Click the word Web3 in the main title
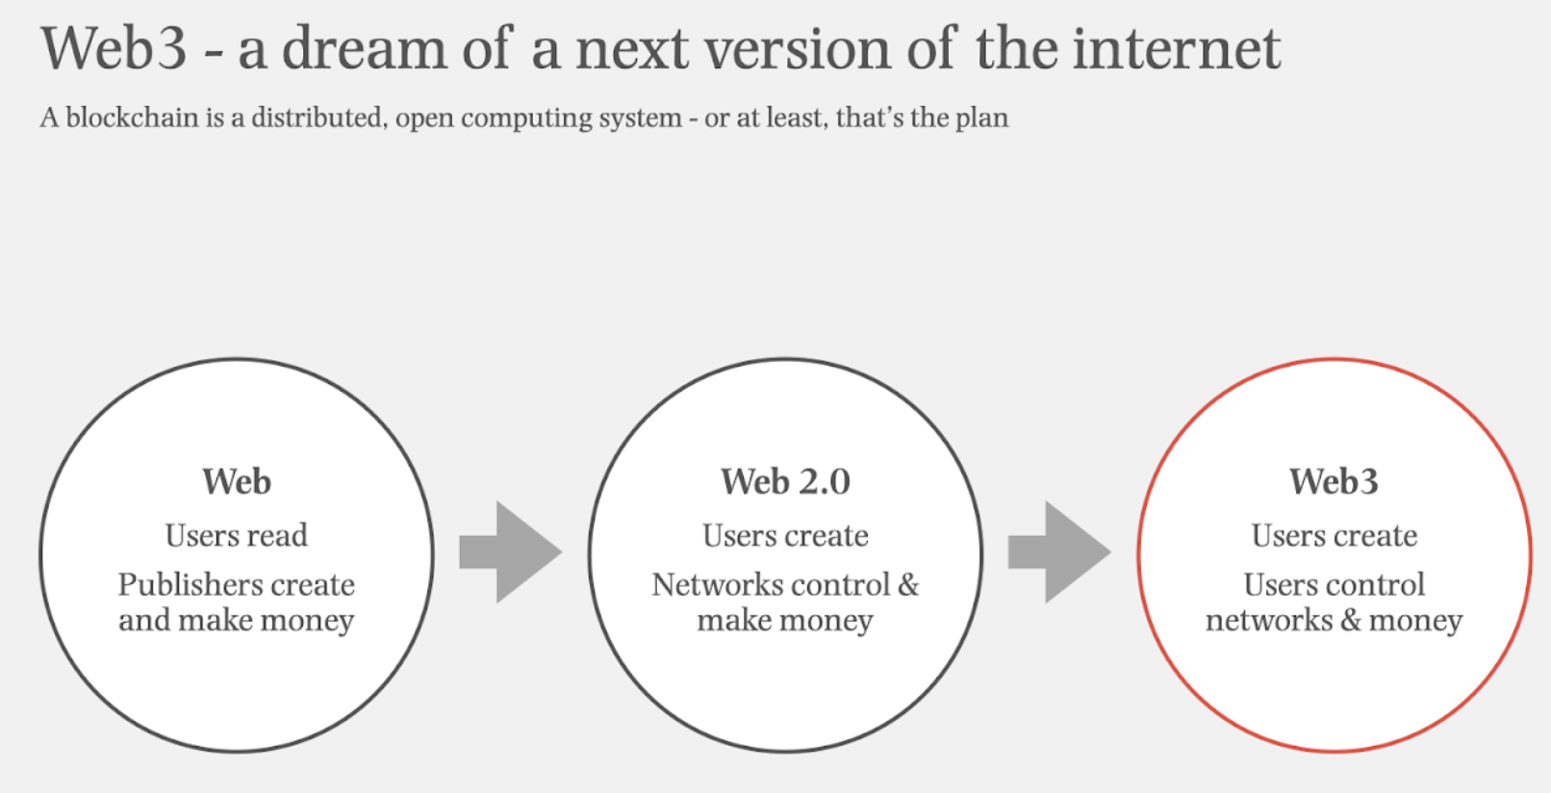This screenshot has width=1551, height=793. point(114,48)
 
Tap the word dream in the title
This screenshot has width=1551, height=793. point(365,48)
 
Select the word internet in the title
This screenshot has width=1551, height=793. point(1177,48)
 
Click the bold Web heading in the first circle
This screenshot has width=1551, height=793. point(237,481)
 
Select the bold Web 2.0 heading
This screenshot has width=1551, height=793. point(785,481)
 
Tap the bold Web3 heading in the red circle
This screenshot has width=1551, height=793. point(1334,481)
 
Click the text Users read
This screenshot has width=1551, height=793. point(236,535)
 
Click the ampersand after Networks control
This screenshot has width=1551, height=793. point(908,585)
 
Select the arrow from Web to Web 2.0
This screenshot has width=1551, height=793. point(511,552)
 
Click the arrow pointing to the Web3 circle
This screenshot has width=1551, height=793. point(1059,552)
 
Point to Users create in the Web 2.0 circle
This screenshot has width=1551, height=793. point(785,535)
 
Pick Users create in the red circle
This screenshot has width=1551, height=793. point(1335,535)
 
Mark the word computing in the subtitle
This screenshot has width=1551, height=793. point(526,119)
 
